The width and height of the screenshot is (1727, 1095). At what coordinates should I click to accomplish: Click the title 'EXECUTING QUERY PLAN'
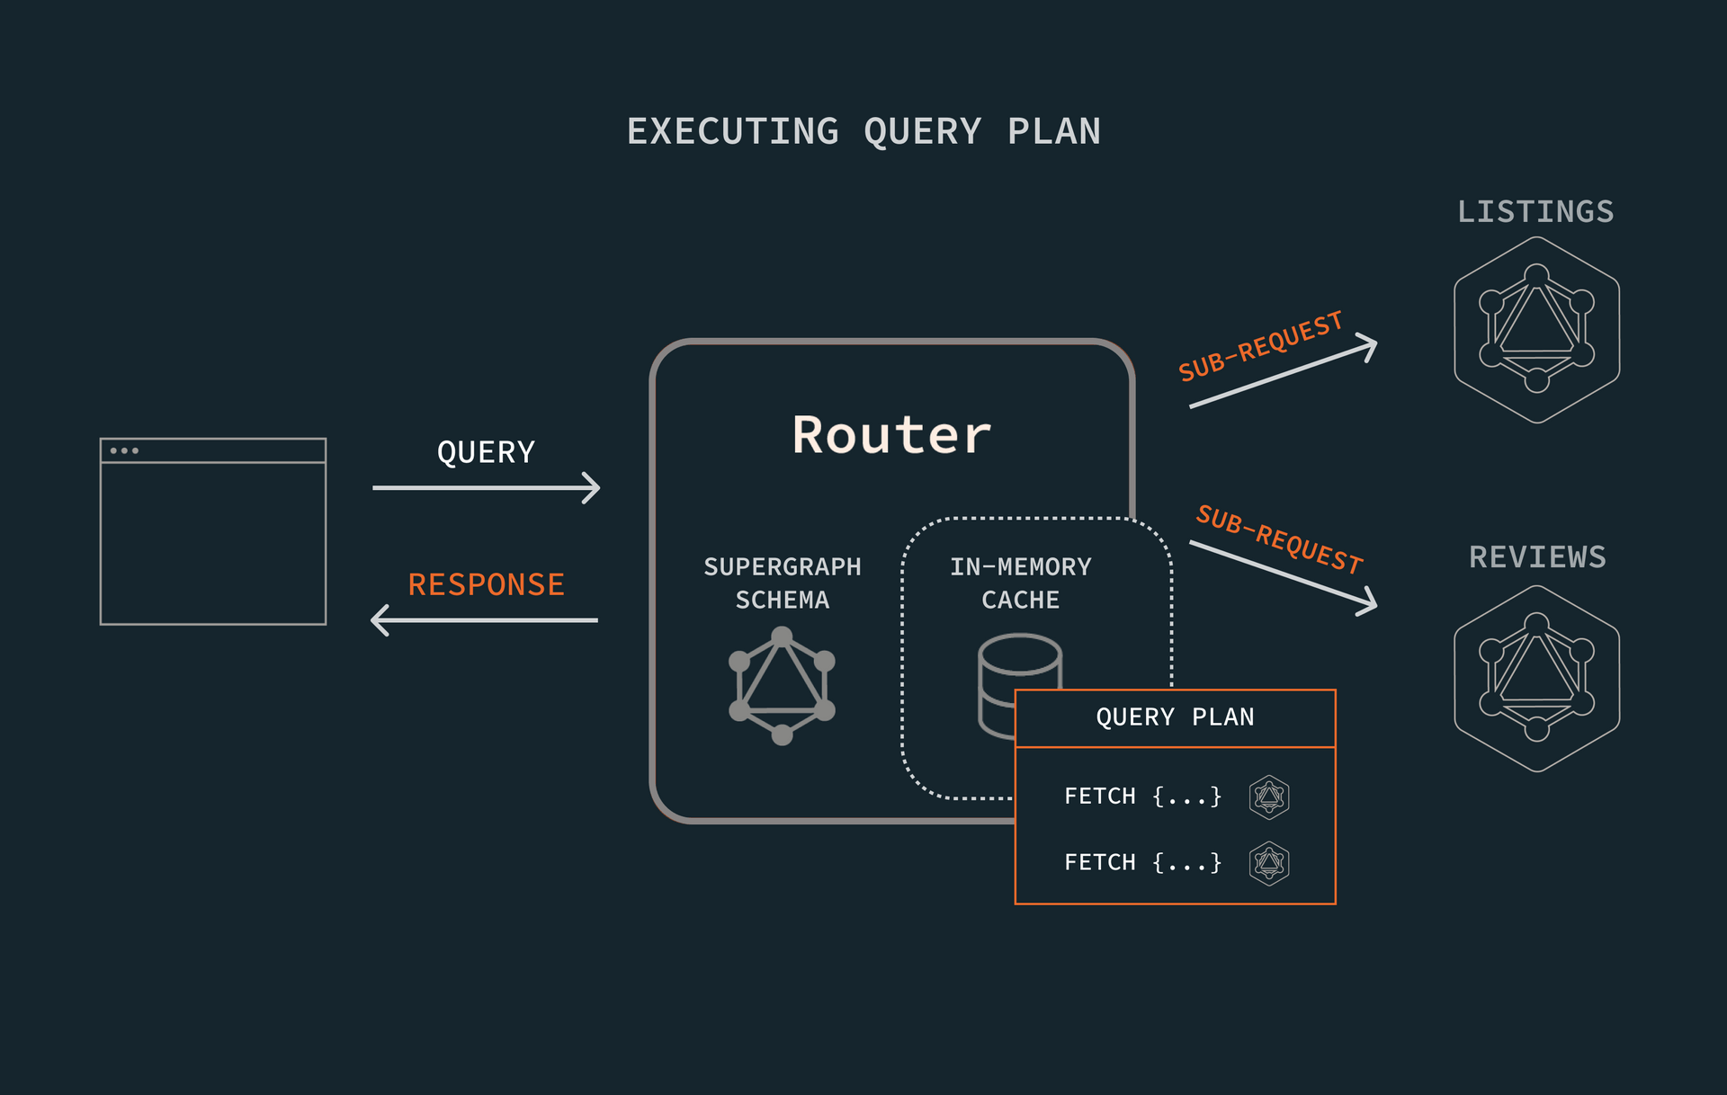pyautogui.click(x=863, y=131)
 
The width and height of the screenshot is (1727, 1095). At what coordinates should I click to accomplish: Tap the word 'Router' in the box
pyautogui.click(x=891, y=435)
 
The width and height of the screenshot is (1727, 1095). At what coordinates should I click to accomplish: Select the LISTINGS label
pyautogui.click(x=1535, y=212)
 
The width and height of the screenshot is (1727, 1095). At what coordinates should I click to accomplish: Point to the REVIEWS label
pyautogui.click(x=1537, y=557)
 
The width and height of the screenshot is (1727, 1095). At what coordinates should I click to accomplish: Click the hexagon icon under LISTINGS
pyautogui.click(x=1536, y=329)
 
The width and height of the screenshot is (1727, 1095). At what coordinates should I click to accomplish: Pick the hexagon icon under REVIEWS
pyautogui.click(x=1536, y=678)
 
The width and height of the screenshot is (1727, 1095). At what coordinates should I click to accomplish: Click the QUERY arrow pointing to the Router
pyautogui.click(x=486, y=487)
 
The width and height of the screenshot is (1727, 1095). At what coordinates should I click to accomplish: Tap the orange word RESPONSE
pyautogui.click(x=486, y=584)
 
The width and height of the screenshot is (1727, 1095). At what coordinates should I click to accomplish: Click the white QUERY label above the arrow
pyautogui.click(x=486, y=452)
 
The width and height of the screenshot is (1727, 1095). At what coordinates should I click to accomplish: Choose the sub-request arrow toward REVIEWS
pyautogui.click(x=1283, y=576)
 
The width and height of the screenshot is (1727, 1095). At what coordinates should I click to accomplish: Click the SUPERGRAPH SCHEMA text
pyautogui.click(x=782, y=583)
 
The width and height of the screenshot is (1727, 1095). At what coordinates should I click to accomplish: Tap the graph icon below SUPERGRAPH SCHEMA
pyautogui.click(x=782, y=686)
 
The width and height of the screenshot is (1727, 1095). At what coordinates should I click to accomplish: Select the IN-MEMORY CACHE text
pyautogui.click(x=1020, y=583)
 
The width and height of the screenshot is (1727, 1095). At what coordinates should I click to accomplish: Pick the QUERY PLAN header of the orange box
pyautogui.click(x=1175, y=717)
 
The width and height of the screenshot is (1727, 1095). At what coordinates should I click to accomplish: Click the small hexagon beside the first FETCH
pyautogui.click(x=1269, y=797)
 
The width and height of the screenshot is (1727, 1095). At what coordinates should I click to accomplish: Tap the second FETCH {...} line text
pyautogui.click(x=1142, y=863)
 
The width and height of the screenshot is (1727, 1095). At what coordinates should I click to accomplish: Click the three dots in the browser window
pyautogui.click(x=124, y=450)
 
